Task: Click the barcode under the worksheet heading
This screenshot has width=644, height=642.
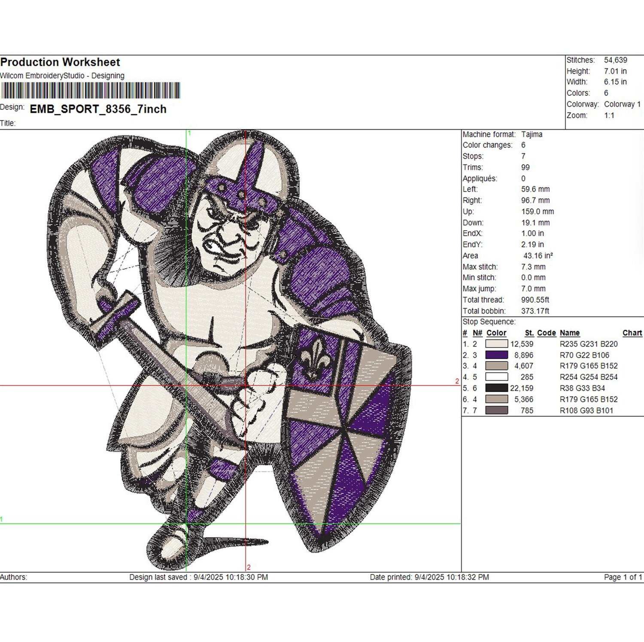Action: tap(90, 91)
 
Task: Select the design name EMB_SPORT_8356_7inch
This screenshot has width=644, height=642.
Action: tap(98, 109)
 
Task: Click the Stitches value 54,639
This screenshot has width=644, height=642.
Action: tap(615, 60)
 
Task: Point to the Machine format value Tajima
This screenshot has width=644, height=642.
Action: tap(532, 134)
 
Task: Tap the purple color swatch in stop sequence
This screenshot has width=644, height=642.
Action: tap(496, 355)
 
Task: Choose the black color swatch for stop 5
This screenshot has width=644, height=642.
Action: tap(496, 388)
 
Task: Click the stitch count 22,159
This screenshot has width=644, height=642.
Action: tap(522, 388)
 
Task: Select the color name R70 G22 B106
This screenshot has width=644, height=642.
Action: tap(584, 355)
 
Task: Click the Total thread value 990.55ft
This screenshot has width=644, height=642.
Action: tap(535, 300)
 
